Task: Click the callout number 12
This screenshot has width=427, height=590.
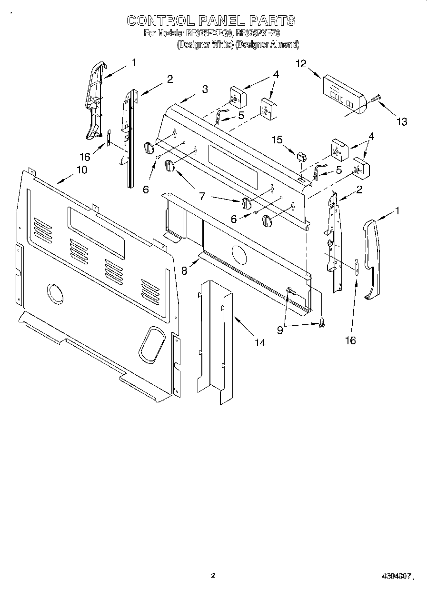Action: (x=301, y=63)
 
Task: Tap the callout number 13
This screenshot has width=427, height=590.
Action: (x=402, y=122)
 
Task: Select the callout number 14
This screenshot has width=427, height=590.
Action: (x=260, y=342)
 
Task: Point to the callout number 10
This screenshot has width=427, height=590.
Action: (x=81, y=169)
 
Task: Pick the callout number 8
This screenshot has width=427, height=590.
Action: (x=185, y=270)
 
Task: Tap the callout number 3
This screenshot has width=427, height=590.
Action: (x=204, y=89)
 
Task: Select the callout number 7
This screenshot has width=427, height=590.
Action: (x=202, y=195)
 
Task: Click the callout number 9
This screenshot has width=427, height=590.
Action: (x=280, y=329)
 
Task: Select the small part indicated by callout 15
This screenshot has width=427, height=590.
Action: (x=301, y=157)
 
